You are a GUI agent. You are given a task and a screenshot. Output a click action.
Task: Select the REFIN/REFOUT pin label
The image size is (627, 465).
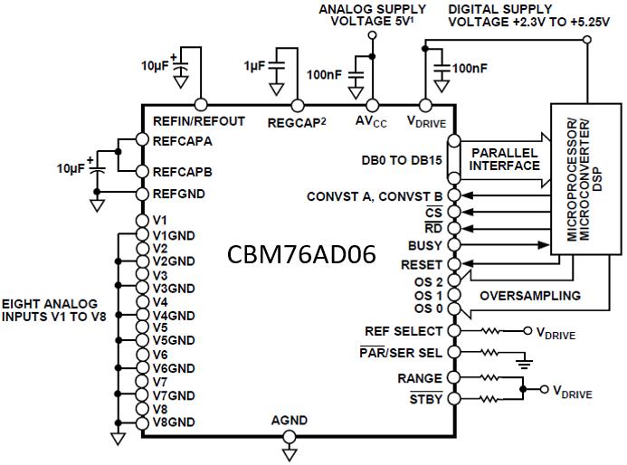198,121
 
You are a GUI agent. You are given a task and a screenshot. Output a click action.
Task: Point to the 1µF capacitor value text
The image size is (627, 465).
254,66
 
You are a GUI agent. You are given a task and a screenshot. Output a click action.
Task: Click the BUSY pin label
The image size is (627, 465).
425,245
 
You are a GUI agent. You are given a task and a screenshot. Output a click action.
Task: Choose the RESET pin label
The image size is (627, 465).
422,264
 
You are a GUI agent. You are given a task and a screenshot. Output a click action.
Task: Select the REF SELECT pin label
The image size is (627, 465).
404,331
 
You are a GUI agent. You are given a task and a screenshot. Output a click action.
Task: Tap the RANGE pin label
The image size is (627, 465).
421,378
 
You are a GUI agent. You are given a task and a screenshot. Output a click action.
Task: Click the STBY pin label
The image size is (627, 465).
425,398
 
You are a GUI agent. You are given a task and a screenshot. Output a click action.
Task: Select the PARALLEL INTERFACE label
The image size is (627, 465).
504,159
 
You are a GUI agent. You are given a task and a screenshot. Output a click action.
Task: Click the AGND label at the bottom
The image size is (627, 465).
290,421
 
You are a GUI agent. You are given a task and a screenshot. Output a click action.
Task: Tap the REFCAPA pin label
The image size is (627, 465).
183,140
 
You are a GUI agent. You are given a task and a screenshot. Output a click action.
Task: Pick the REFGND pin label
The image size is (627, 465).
179,194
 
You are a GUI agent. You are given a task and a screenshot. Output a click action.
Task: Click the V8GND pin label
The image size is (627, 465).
174,422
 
